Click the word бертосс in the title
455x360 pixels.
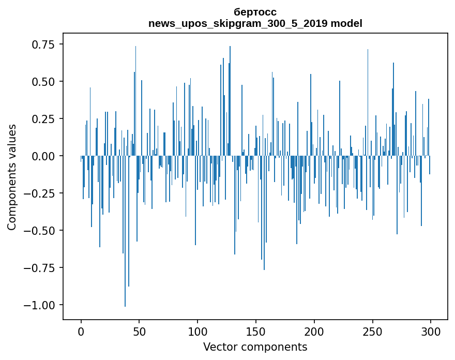(255, 12)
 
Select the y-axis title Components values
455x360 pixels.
(12, 177)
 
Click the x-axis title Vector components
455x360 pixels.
(255, 347)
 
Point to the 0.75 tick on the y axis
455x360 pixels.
(43, 44)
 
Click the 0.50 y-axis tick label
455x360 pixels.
(43, 82)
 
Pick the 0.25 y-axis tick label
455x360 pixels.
(43, 119)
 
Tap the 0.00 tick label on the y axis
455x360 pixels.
(43, 156)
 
